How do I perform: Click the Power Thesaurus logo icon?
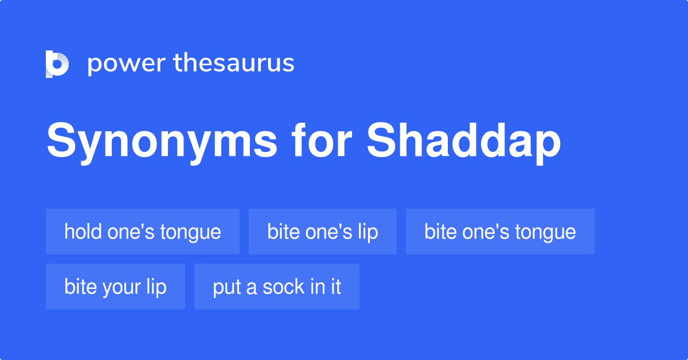click(x=57, y=64)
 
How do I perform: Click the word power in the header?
click(x=126, y=64)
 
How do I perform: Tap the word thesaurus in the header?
click(x=234, y=63)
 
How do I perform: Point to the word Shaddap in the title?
click(x=464, y=142)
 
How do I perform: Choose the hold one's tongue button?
click(x=143, y=232)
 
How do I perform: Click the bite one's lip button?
click(x=323, y=232)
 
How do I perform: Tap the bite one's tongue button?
click(x=500, y=232)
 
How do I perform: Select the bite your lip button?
click(x=115, y=287)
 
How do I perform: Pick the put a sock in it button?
click(x=277, y=287)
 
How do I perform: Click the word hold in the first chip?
click(x=83, y=232)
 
